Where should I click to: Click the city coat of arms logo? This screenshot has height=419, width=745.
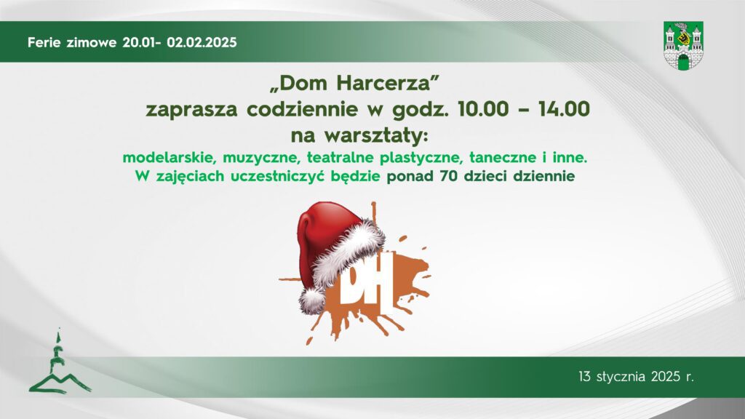pos(683,45)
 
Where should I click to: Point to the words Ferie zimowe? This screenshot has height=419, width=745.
pos(73,42)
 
